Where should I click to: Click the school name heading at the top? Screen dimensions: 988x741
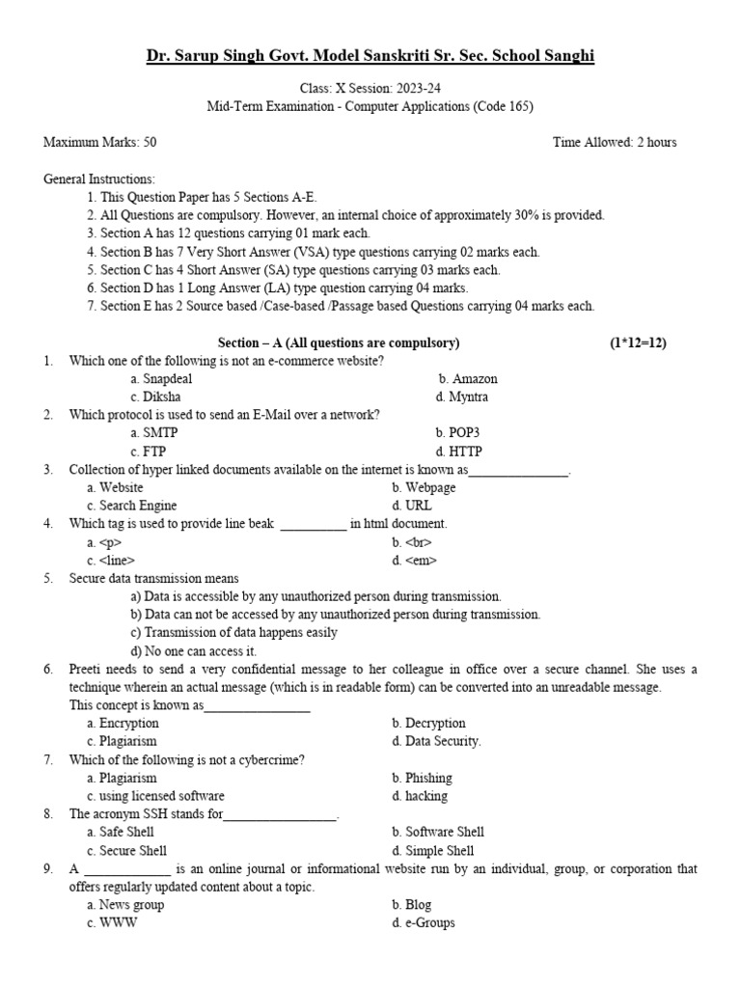(x=370, y=57)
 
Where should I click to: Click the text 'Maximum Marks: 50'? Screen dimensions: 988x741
(x=100, y=143)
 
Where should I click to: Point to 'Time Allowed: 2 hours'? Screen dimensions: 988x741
(x=614, y=143)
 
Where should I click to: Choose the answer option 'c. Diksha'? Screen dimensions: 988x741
(x=155, y=397)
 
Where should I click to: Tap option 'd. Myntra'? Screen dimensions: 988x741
(x=461, y=397)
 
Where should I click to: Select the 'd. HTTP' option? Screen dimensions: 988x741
(x=458, y=452)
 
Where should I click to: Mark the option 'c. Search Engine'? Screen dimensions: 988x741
(x=131, y=506)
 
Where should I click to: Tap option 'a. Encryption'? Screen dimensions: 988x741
(x=123, y=723)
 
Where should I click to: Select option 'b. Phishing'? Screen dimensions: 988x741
(x=422, y=778)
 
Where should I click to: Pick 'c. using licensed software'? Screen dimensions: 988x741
(x=155, y=796)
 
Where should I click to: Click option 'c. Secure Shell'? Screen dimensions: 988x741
(x=126, y=851)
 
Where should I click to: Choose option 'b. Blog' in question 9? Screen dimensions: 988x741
(x=411, y=905)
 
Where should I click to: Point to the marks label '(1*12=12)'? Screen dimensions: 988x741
(x=638, y=343)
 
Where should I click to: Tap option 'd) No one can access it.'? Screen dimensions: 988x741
(x=193, y=651)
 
